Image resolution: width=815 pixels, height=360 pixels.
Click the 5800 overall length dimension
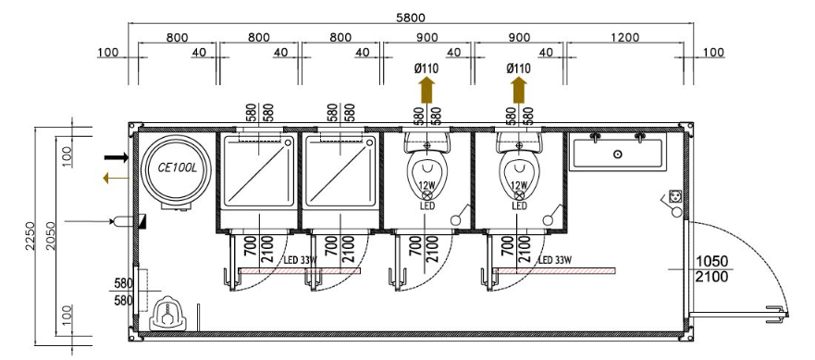point(410,18)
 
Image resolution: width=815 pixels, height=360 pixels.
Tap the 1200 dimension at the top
point(625,37)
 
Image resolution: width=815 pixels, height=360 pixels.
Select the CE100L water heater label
point(175,168)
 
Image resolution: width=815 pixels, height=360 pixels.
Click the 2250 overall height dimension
point(31,236)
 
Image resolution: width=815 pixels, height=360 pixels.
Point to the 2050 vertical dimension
point(51,236)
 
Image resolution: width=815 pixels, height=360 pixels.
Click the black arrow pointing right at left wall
point(116,157)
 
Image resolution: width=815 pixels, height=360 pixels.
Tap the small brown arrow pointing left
point(116,179)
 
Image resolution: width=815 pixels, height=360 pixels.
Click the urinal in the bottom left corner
point(167,314)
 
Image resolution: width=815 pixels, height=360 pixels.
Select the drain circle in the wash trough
point(617,154)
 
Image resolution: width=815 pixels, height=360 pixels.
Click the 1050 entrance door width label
point(711,261)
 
